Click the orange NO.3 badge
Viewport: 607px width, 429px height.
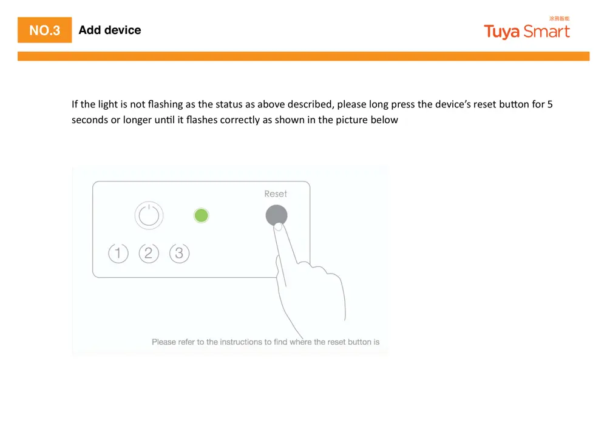point(44,30)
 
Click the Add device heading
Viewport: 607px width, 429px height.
point(110,30)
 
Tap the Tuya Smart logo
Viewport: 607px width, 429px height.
point(526,32)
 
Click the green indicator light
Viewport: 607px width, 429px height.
point(201,215)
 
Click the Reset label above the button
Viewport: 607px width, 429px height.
point(276,194)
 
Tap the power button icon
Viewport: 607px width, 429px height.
point(149,215)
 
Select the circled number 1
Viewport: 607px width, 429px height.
point(118,252)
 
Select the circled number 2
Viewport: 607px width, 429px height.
point(149,252)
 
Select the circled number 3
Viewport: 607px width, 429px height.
point(179,252)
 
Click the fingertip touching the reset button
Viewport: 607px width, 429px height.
point(278,226)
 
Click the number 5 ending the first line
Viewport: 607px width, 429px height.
point(550,104)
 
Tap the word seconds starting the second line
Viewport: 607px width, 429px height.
point(89,120)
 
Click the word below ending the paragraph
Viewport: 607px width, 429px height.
point(385,120)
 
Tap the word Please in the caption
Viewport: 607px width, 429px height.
point(164,342)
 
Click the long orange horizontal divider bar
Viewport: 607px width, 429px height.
point(303,56)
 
